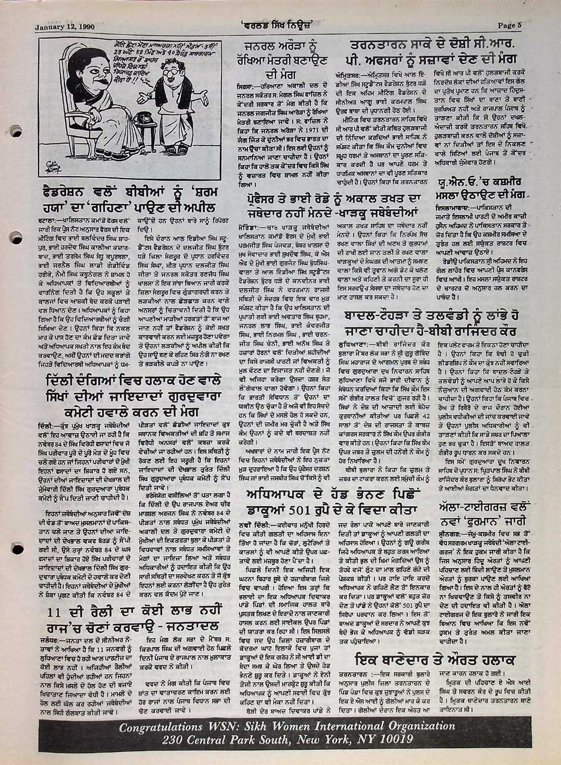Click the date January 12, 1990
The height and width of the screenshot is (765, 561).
[x=65, y=26]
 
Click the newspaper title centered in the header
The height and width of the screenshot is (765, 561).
[x=280, y=25]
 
